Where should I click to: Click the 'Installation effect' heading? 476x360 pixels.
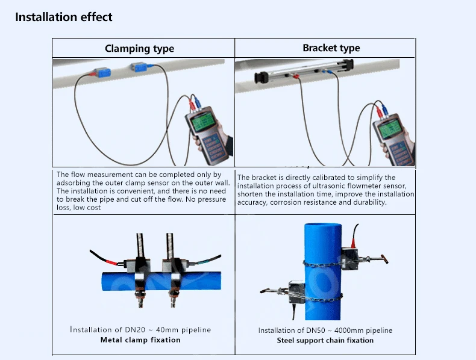click(x=63, y=17)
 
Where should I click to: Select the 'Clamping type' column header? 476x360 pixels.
click(x=139, y=49)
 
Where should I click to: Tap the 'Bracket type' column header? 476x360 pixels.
click(x=331, y=48)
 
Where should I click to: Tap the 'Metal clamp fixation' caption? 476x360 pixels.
click(x=140, y=340)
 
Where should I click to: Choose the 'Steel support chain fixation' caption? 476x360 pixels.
click(x=325, y=340)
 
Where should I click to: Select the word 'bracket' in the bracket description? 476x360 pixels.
click(x=263, y=178)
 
